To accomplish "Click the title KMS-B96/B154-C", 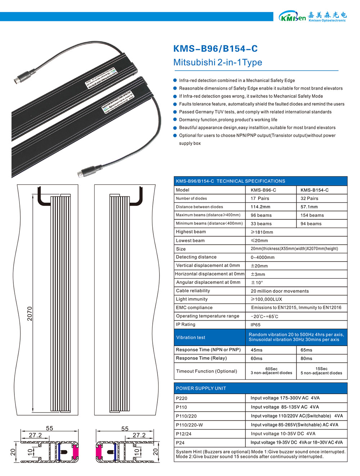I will coord(215,49).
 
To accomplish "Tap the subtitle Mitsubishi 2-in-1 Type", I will coord(217,62).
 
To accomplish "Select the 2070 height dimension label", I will coord(30,313).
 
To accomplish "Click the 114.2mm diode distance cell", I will coord(260,207).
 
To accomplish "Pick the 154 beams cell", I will coord(312,215).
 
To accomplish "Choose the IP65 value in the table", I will coord(256,325).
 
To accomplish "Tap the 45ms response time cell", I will coord(257,350).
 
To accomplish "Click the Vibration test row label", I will coord(190,337).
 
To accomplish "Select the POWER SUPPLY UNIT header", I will coord(201,388).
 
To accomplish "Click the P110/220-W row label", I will coord(189,425).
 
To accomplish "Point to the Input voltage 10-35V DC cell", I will coord(283,434).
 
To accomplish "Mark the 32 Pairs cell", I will coord(309,199).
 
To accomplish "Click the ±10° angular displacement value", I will coord(257,283).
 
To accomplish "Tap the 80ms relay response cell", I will coord(306,358).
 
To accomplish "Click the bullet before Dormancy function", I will coord(175,119).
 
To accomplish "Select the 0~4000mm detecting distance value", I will coord(262,257).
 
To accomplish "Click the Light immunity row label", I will coord(192,299).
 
